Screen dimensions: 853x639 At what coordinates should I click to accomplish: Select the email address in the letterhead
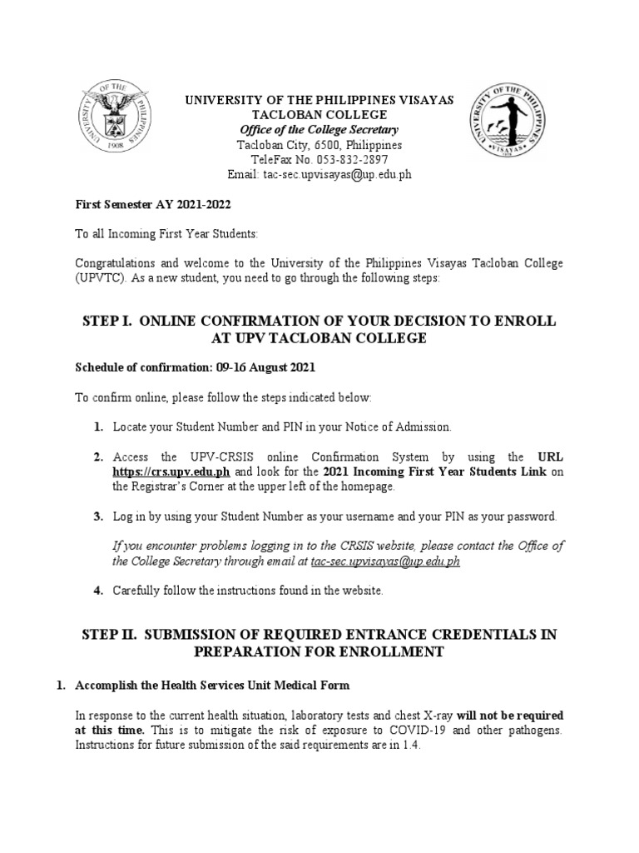337,175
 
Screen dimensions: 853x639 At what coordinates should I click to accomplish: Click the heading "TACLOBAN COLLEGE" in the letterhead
319,115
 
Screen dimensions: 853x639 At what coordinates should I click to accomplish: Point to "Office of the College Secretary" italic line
319,130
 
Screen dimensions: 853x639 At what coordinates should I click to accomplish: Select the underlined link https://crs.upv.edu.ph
171,471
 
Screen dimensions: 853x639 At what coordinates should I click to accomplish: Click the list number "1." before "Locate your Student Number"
98,426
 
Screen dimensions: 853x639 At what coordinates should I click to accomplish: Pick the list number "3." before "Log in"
98,516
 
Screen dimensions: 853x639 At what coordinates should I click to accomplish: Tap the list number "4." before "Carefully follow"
98,591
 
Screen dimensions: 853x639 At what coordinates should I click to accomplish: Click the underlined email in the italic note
385,561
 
